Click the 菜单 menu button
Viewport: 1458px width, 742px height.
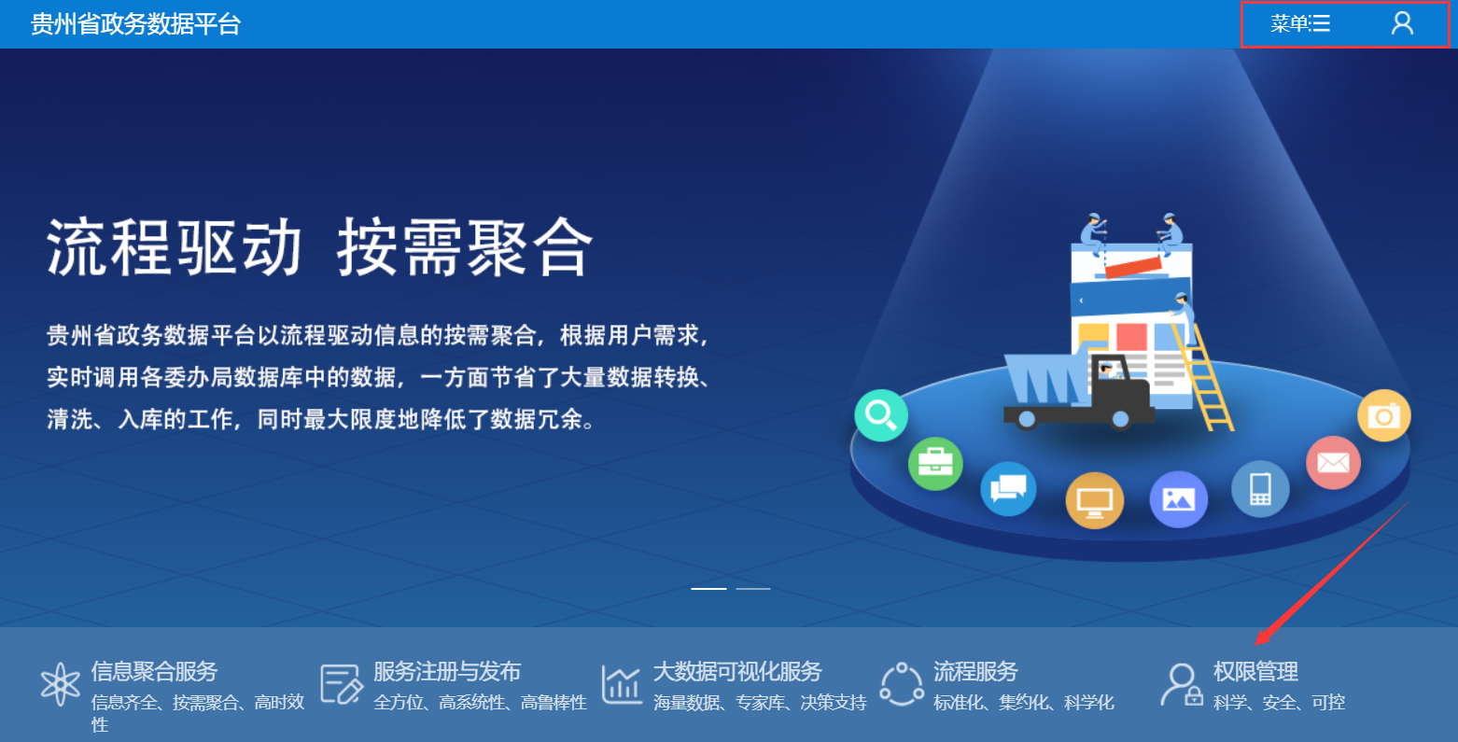point(1300,24)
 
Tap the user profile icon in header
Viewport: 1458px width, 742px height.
point(1402,23)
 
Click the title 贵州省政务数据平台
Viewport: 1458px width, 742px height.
point(136,24)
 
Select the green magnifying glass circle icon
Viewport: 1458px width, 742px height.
point(880,415)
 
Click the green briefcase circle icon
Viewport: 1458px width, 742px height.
point(935,464)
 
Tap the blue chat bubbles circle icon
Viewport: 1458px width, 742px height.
point(1008,488)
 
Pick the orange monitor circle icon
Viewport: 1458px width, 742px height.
point(1094,500)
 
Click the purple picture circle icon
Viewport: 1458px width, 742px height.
point(1179,499)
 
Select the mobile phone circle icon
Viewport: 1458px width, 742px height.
point(1260,489)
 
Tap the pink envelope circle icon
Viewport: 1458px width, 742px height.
point(1333,463)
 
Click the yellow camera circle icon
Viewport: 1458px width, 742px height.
point(1384,415)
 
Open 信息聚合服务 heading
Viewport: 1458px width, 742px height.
point(154,671)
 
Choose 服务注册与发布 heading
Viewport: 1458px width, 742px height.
point(447,671)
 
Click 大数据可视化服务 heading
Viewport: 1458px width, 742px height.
point(737,671)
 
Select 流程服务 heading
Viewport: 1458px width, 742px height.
point(975,671)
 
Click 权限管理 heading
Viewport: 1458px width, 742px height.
point(1255,671)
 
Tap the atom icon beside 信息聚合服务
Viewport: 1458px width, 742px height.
point(60,684)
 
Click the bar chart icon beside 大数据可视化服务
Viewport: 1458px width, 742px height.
point(622,685)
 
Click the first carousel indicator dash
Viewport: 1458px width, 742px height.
point(708,588)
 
